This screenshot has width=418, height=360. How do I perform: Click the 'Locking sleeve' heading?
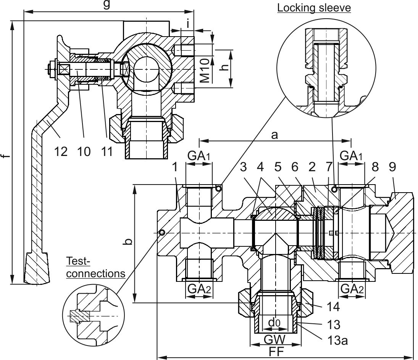314,8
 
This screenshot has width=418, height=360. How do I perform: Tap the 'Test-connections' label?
96,267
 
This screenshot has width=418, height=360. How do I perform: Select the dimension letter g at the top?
107,5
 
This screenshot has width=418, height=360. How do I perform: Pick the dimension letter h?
226,67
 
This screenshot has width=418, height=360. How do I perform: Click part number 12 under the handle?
61,151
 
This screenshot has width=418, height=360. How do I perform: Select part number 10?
84,151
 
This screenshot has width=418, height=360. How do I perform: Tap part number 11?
107,151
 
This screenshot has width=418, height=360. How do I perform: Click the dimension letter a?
274,135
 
